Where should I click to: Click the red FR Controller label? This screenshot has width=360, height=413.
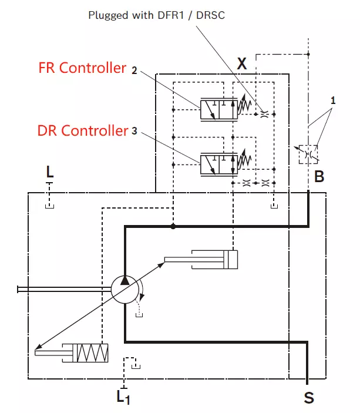click(x=82, y=69)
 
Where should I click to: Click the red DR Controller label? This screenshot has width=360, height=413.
click(x=82, y=130)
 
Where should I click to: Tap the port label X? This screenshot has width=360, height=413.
click(x=241, y=64)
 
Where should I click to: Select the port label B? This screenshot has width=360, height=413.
click(x=319, y=176)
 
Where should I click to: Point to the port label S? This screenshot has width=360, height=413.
click(x=308, y=398)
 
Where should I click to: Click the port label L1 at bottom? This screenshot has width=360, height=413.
click(x=123, y=397)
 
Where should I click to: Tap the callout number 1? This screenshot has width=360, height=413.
click(x=333, y=100)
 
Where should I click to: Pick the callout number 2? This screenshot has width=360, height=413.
click(x=134, y=70)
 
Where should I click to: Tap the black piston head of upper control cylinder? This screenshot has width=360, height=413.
click(x=233, y=260)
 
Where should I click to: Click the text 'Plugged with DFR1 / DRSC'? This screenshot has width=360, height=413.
click(x=156, y=15)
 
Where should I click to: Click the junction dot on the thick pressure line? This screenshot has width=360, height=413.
click(x=173, y=226)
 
